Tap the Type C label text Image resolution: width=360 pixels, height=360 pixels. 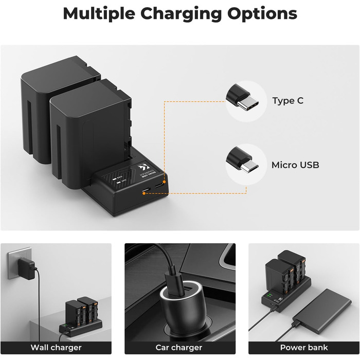click(x=287, y=101)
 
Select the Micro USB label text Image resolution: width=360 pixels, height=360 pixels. click(x=295, y=165)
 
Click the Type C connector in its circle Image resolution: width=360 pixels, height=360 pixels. click(x=245, y=101)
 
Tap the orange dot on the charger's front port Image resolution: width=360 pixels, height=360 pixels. click(x=145, y=193)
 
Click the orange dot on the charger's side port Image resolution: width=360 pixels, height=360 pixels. click(x=164, y=182)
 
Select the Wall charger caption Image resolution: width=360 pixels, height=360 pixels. click(x=56, y=348)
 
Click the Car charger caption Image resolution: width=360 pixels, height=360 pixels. click(x=179, y=348)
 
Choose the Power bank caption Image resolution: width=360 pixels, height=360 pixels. click(x=303, y=348)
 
